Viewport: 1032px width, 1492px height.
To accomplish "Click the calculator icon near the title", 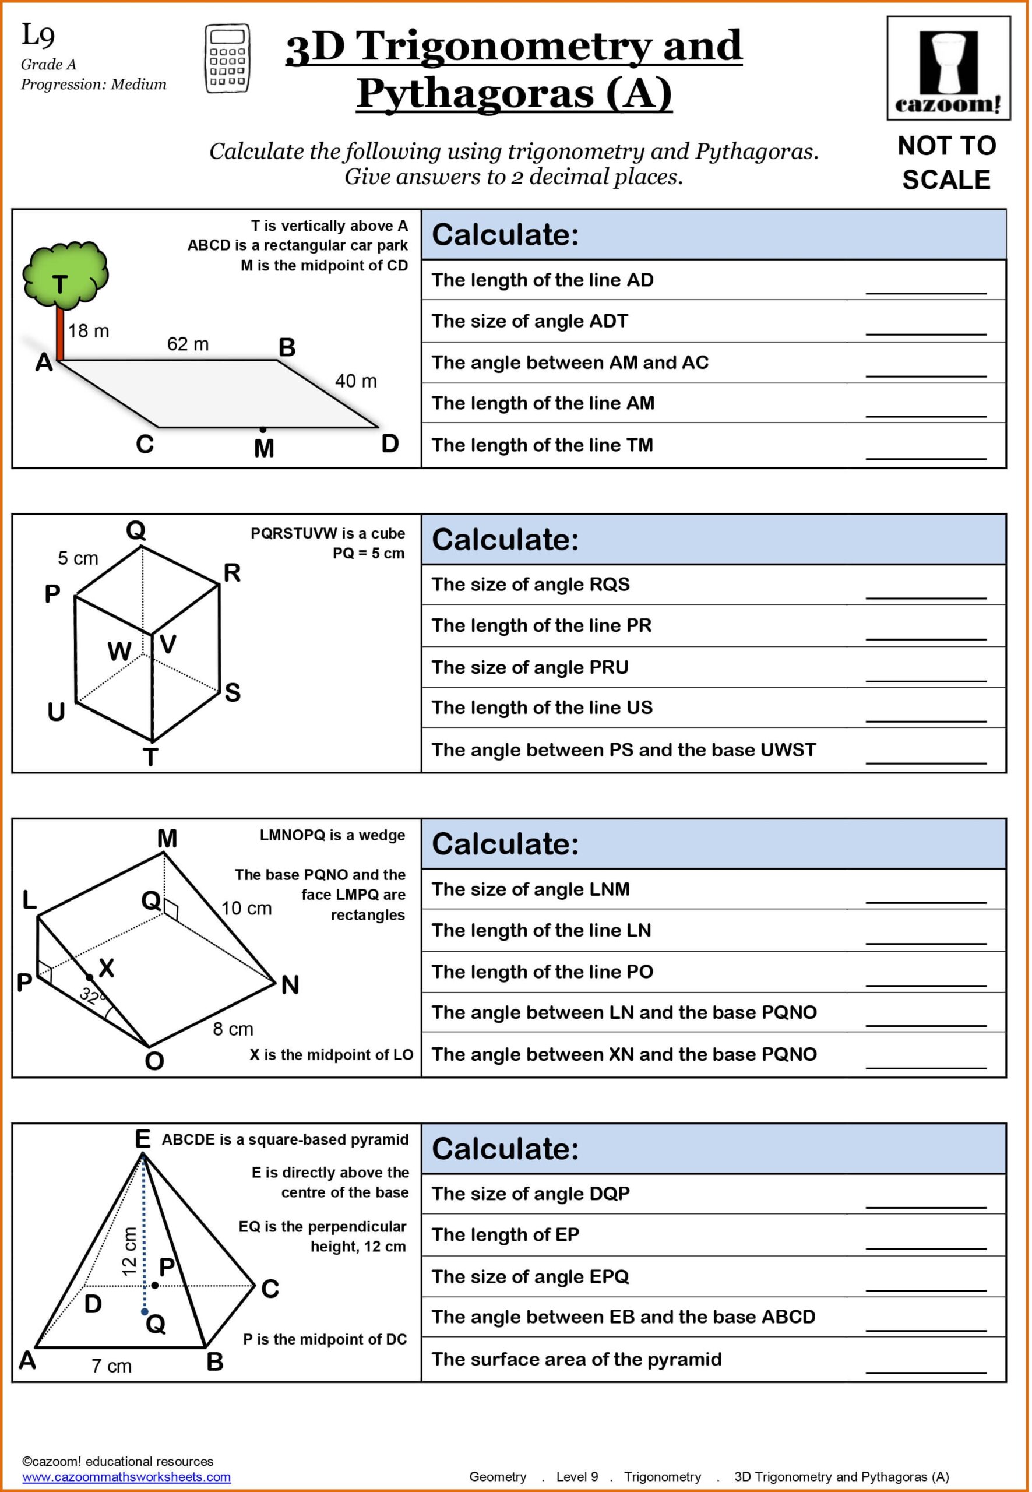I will pos(228,59).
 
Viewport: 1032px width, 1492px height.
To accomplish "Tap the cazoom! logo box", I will pos(948,68).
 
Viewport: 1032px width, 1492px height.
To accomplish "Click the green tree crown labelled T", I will pos(65,275).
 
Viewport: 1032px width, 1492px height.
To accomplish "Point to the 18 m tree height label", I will pos(89,331).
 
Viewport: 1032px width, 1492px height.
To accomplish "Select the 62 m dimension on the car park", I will pos(188,344).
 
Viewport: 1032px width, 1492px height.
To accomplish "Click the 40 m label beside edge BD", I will pos(355,381).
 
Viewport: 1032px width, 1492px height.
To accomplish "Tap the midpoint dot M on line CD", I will pos(263,430).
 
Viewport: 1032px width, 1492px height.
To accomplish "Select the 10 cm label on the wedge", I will pos(246,908).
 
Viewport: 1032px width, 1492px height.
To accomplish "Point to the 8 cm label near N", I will pos(233,1029).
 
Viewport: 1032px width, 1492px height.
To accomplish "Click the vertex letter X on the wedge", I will pos(106,968).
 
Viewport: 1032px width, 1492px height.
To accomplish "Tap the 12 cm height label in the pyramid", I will pos(130,1251).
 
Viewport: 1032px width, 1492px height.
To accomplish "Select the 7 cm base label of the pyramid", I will pos(111,1367).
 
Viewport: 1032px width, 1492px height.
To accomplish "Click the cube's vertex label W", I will pos(119,651).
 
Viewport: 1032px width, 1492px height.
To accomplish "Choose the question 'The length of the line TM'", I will pos(542,445).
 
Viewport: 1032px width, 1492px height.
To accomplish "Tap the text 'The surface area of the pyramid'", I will pos(576,1359).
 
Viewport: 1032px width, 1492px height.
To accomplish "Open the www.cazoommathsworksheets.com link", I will pos(126,1476).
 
